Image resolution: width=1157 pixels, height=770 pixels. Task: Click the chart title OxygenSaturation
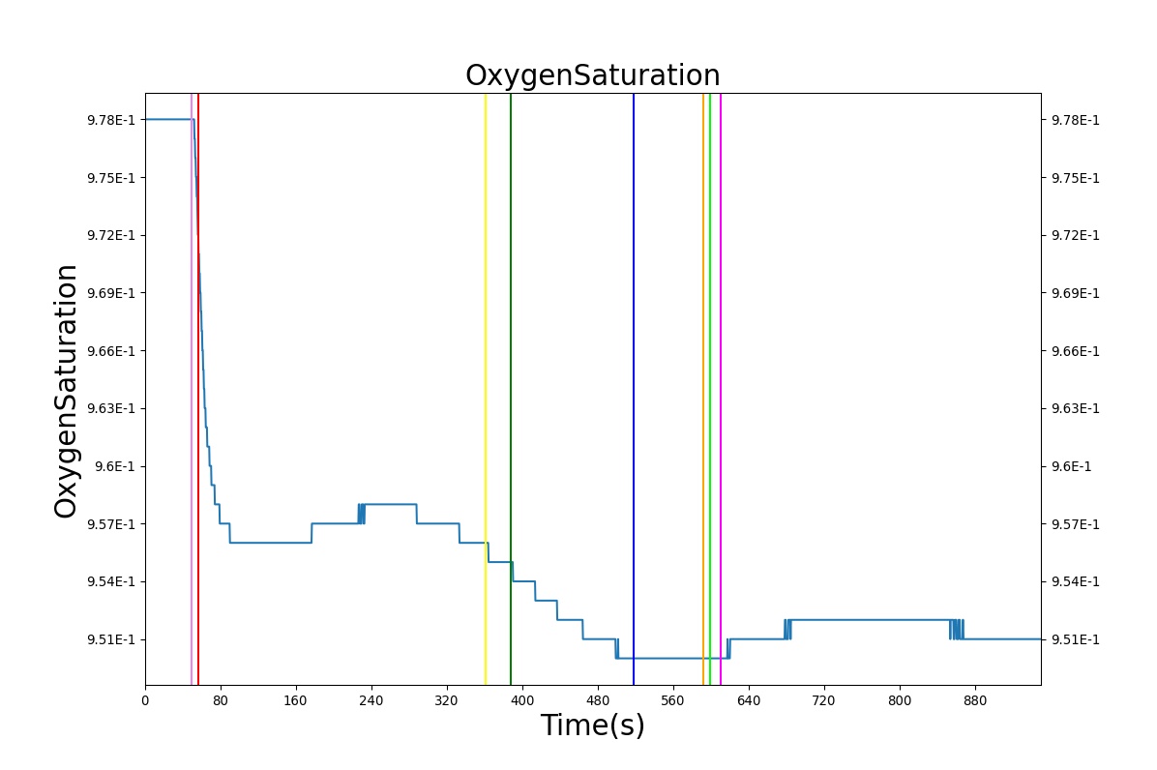pyautogui.click(x=592, y=75)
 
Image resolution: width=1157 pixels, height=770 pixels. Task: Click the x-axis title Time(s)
pyautogui.click(x=592, y=725)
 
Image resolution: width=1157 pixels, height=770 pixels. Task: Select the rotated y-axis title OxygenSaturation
pyautogui.click(x=65, y=392)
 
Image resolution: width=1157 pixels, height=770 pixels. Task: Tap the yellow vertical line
pyautogui.click(x=485, y=390)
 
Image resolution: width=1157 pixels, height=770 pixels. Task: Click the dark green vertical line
pyautogui.click(x=511, y=390)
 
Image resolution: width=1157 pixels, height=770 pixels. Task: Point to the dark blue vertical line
pyautogui.click(x=633, y=390)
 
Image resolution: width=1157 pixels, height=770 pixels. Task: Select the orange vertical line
pyautogui.click(x=703, y=390)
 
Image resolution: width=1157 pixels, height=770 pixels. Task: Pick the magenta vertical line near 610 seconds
pyautogui.click(x=721, y=390)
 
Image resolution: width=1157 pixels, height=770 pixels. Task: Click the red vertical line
pyautogui.click(x=197, y=390)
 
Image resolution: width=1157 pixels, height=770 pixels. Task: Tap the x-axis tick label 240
pyautogui.click(x=371, y=700)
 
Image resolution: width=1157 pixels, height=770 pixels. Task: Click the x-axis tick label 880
pyautogui.click(x=975, y=700)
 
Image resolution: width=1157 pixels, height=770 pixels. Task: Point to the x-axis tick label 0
pyautogui.click(x=145, y=700)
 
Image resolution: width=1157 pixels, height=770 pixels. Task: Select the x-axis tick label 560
pyautogui.click(x=673, y=700)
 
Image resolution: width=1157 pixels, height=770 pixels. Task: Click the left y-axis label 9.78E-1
pyautogui.click(x=111, y=120)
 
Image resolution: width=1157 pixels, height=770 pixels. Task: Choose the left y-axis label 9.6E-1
pyautogui.click(x=115, y=466)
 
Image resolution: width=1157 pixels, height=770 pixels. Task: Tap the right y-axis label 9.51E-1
pyautogui.click(x=1075, y=639)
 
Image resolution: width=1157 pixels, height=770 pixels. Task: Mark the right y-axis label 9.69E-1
pyautogui.click(x=1075, y=293)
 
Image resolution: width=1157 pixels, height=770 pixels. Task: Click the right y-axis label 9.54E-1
pyautogui.click(x=1075, y=582)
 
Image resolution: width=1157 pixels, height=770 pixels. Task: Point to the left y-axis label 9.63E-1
pyautogui.click(x=111, y=408)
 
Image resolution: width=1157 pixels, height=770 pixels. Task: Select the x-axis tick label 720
pyautogui.click(x=823, y=700)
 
